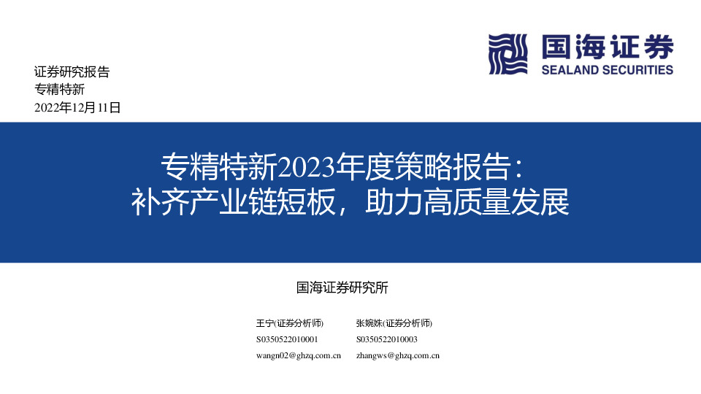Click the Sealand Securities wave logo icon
508,55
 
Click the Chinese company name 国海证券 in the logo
607,48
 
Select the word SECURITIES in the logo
637,70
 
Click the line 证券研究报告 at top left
72,72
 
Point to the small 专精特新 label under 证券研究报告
60,90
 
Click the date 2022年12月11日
77,107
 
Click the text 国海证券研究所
342,287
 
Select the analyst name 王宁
264,323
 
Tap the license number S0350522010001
287,339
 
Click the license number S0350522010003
387,339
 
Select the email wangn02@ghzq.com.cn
299,355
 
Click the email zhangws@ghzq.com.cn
397,355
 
